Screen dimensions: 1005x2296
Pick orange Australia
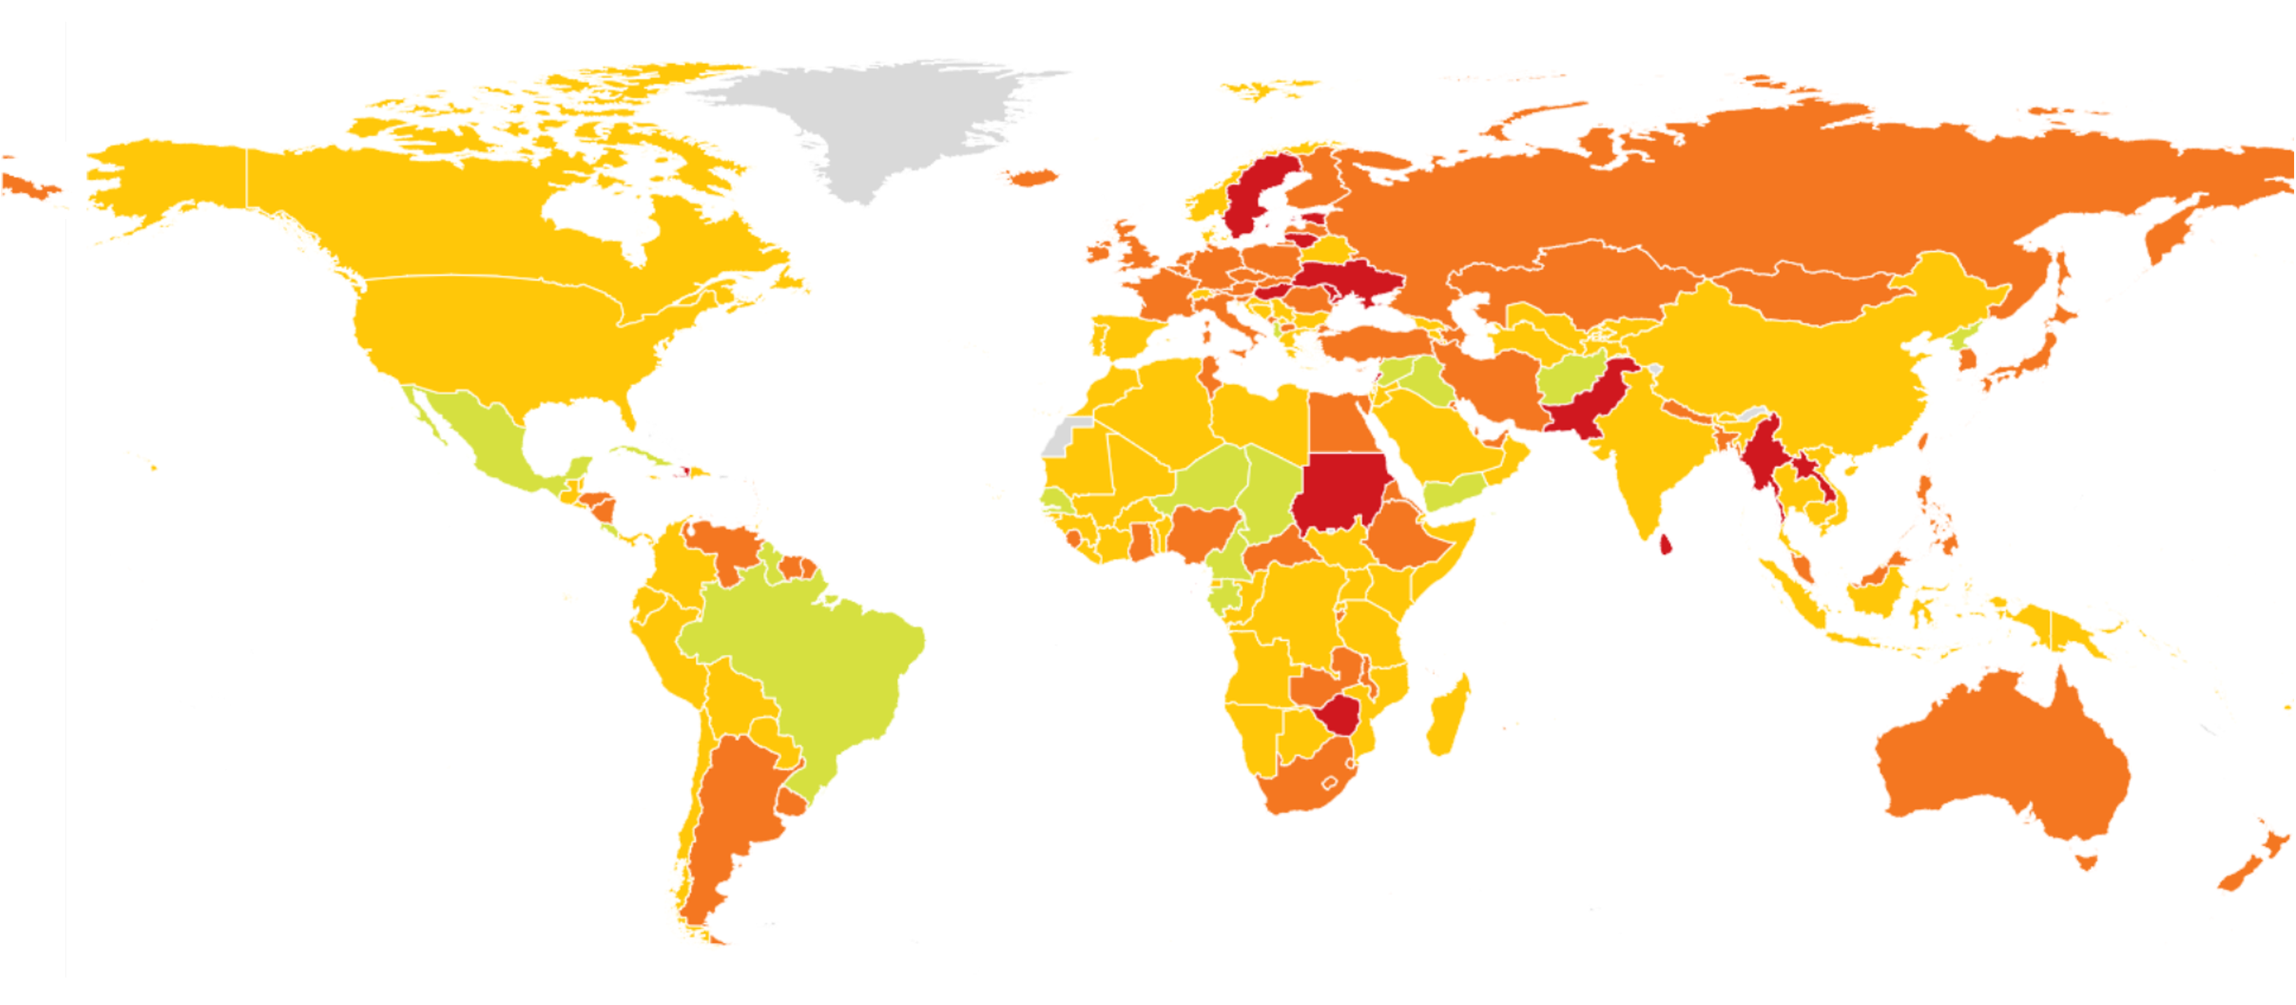2005,757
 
